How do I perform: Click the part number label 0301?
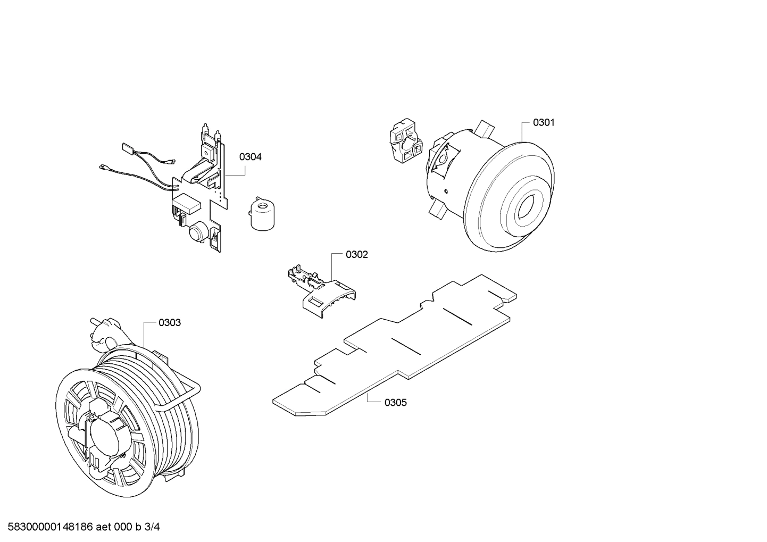click(x=544, y=123)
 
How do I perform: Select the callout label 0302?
click(x=356, y=255)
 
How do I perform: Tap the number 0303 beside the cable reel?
click(x=170, y=323)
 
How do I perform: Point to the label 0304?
click(x=250, y=157)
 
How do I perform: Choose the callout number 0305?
click(x=395, y=403)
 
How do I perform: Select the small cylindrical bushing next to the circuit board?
click(x=261, y=214)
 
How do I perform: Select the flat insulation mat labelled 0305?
click(x=394, y=346)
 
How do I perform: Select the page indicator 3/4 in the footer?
click(x=152, y=527)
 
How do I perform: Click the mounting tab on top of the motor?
click(x=486, y=127)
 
